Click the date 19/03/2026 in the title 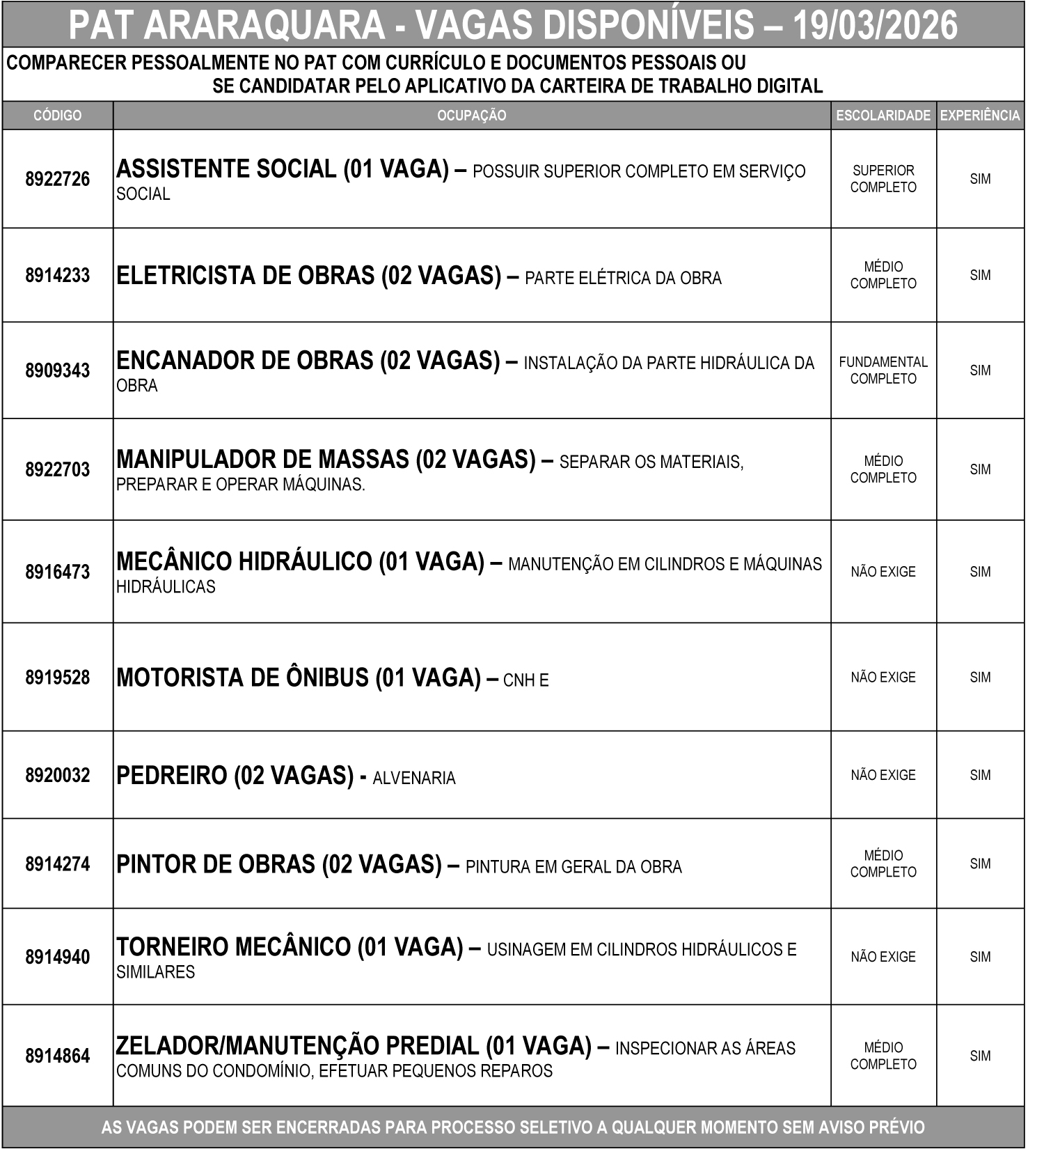point(875,25)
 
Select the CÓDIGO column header point(57,116)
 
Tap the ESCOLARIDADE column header point(883,116)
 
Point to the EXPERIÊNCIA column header point(980,116)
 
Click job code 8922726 point(57,179)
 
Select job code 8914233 point(57,275)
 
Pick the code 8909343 point(57,370)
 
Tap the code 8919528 point(57,677)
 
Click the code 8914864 point(57,1056)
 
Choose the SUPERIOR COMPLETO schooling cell point(883,179)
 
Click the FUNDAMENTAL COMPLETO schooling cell point(883,370)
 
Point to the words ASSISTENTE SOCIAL point(226,169)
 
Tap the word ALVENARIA point(414,778)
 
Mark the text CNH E point(525,680)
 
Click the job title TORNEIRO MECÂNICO point(233,947)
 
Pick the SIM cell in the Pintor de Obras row point(980,863)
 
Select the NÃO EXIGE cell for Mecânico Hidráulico point(883,572)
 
